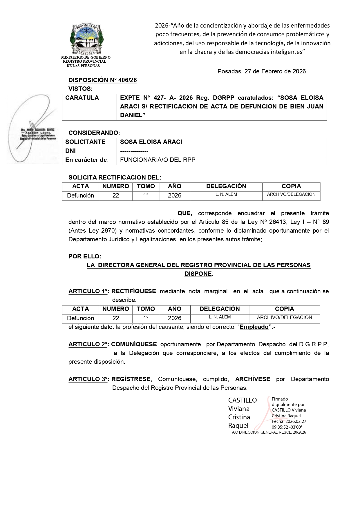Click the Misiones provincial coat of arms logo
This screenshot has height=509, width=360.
point(86,39)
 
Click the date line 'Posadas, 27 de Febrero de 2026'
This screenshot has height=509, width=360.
point(262,71)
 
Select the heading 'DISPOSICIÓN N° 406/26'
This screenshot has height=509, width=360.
point(102,80)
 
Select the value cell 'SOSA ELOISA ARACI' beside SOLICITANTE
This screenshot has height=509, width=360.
point(151,142)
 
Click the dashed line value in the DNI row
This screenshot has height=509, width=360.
point(134,151)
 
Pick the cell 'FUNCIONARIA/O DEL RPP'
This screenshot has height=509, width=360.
point(158,160)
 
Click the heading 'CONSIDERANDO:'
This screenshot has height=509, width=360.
point(94,133)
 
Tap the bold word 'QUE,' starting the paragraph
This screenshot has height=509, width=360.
point(185,213)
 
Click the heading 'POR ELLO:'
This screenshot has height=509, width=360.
point(85,257)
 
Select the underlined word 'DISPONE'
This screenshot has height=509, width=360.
point(198,274)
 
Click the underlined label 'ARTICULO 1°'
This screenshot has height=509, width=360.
point(88,291)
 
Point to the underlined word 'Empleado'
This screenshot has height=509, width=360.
point(254,327)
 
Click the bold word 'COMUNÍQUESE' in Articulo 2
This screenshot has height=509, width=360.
point(134,345)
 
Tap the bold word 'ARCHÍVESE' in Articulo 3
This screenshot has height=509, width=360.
point(253,379)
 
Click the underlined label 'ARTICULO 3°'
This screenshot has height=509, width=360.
point(88,379)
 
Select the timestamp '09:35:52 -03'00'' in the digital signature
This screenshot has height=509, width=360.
point(287,427)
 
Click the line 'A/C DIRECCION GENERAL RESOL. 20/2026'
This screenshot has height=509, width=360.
point(269,432)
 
